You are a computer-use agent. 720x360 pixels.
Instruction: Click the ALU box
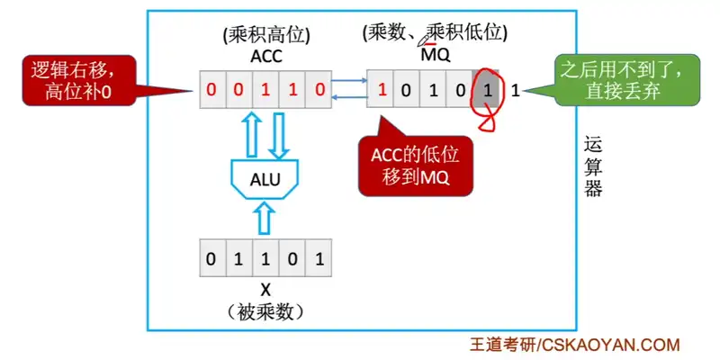(x=265, y=178)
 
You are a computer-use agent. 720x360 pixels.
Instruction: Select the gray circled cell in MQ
(x=487, y=91)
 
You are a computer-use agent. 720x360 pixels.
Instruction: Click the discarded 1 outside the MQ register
(x=515, y=91)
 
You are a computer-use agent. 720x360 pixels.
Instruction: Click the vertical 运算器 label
(x=592, y=166)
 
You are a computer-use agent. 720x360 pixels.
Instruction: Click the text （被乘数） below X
(x=265, y=312)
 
